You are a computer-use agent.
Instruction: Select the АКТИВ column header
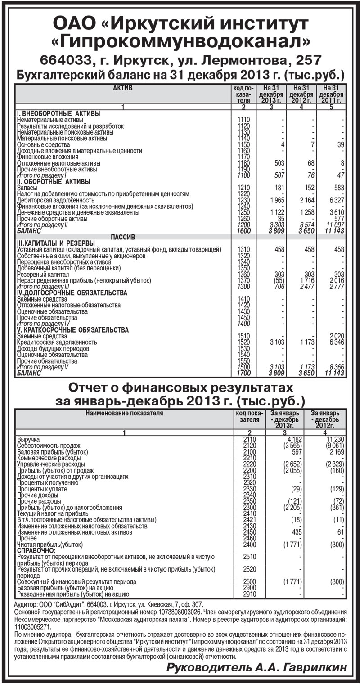122,88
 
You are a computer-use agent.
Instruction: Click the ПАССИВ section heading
122,237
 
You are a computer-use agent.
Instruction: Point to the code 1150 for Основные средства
243,145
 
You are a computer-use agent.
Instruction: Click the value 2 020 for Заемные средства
336,336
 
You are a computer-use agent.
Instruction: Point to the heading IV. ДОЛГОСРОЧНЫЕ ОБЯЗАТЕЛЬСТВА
72,293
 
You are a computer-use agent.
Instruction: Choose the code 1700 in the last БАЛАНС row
243,373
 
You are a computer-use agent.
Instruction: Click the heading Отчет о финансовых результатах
180,387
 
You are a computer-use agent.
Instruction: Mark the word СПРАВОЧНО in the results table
36,550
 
